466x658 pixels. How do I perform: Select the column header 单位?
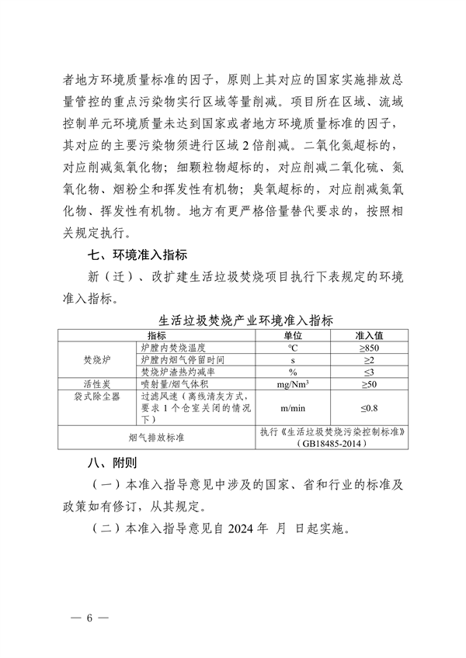294,334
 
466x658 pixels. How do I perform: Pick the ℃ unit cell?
294,348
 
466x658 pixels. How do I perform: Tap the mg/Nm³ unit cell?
294,384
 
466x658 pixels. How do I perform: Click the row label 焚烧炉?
98,360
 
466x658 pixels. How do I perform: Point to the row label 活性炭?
98,384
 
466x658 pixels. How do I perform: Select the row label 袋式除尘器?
98,396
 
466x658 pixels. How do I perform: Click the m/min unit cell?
294,407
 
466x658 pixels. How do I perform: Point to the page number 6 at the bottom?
90,618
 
